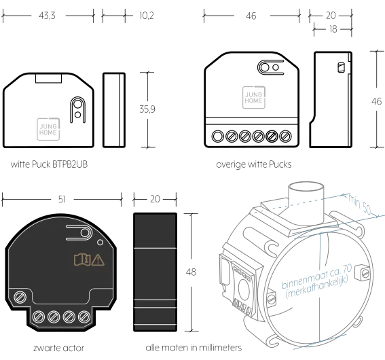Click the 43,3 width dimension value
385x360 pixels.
coord(47,16)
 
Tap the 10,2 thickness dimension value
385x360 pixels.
coord(147,16)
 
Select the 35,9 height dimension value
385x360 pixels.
coord(147,109)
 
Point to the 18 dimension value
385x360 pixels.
coord(333,29)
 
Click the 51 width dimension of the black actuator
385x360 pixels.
coord(62,200)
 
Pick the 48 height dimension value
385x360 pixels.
coord(191,272)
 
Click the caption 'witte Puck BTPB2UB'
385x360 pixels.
coord(49,164)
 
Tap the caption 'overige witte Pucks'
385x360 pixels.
coord(254,164)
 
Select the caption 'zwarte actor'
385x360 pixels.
coord(58,348)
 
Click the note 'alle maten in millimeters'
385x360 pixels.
coord(194,348)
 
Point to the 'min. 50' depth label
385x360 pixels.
coord(359,204)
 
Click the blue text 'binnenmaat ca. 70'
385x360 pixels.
coord(316,276)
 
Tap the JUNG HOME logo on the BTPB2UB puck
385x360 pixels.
coord(48,130)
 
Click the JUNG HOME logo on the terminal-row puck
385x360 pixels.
coord(254,98)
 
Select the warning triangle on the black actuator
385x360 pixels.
coord(98,260)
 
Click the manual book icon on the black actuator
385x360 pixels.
coord(82,259)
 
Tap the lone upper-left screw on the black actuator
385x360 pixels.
coord(20,298)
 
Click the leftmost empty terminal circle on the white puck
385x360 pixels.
coord(217,137)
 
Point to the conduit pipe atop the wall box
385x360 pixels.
coord(306,201)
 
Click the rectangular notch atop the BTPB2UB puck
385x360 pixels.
coord(48,78)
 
